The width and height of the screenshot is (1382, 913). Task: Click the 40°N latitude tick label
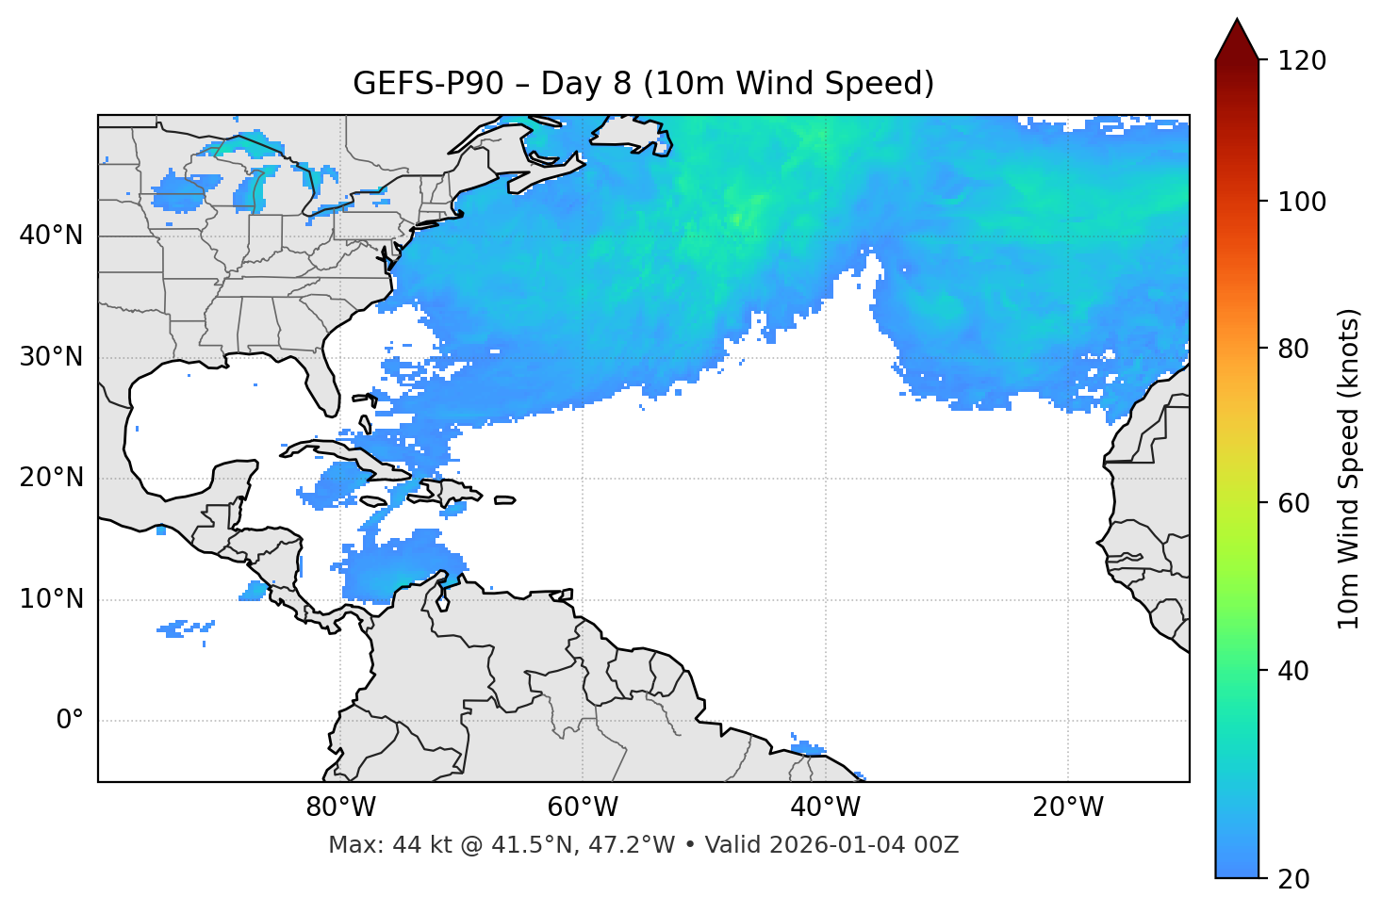51,236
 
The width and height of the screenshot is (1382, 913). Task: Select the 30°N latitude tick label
51,357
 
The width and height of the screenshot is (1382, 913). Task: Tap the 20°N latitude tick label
51,478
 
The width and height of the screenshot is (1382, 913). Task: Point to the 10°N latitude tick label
51,599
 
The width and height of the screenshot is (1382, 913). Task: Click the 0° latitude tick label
70,721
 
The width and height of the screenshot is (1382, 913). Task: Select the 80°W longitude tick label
340,807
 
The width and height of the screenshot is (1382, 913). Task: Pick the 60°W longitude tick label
583,807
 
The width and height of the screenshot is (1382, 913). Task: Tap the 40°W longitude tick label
826,807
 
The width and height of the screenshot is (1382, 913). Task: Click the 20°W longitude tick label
1068,807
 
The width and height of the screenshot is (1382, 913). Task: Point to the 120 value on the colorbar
1301,61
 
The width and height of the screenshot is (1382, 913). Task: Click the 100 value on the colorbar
1301,202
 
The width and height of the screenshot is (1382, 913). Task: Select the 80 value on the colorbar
1294,349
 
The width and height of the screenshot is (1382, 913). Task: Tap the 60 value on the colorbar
1294,503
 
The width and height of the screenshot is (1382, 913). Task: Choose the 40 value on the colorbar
1294,671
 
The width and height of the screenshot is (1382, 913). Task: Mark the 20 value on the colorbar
1294,879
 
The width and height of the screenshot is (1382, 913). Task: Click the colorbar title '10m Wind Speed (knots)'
1349,468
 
